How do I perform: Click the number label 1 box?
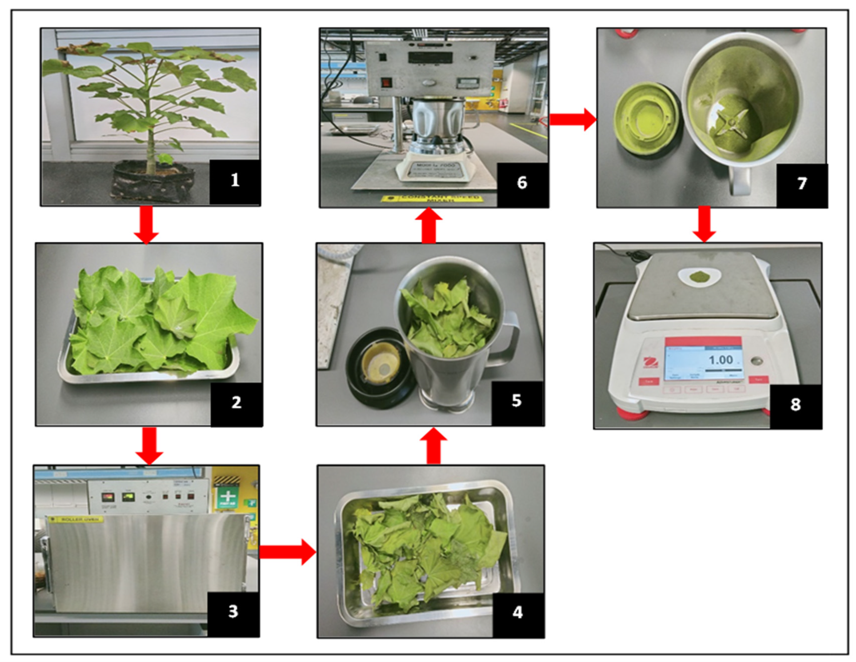coord(235,181)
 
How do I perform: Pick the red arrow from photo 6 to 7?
coord(572,120)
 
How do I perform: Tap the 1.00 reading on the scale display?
coord(720,360)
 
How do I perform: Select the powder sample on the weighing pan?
coord(699,277)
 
